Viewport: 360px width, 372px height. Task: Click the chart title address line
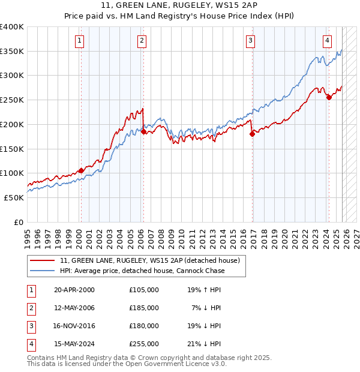point(179,7)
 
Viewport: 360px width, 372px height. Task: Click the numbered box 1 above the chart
point(80,41)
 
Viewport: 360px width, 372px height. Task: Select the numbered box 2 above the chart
point(142,41)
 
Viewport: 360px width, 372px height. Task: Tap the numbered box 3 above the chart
point(250,41)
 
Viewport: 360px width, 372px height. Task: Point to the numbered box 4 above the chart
point(327,41)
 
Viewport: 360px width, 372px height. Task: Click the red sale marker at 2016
point(252,134)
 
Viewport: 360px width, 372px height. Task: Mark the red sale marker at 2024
point(329,98)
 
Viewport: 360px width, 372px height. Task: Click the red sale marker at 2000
point(81,170)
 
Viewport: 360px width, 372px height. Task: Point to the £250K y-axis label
point(12,100)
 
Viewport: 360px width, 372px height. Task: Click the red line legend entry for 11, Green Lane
point(150,260)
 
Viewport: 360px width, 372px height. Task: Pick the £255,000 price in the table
point(144,344)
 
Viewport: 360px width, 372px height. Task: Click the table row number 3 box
point(31,326)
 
